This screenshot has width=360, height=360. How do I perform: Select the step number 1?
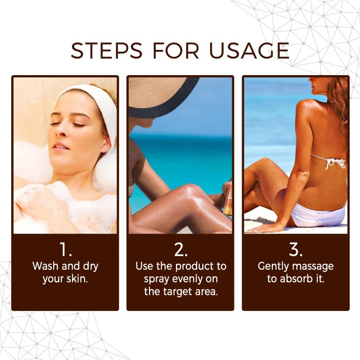coord(66,250)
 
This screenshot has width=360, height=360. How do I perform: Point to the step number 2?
coord(180,250)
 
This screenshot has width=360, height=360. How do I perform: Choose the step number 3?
coord(296,250)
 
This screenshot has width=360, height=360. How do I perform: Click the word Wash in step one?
coord(45,266)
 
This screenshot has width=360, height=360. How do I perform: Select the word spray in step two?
coord(157,279)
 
